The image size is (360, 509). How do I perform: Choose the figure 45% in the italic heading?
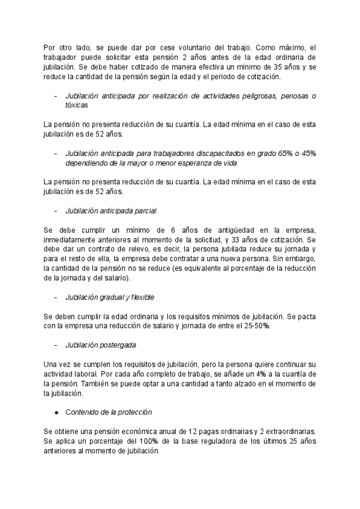click(x=307, y=153)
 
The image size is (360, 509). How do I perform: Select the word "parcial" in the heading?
click(x=144, y=211)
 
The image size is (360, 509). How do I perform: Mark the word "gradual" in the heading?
click(x=120, y=297)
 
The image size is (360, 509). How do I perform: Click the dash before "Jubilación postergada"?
click(x=56, y=345)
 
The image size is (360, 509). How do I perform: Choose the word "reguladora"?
click(x=231, y=441)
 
